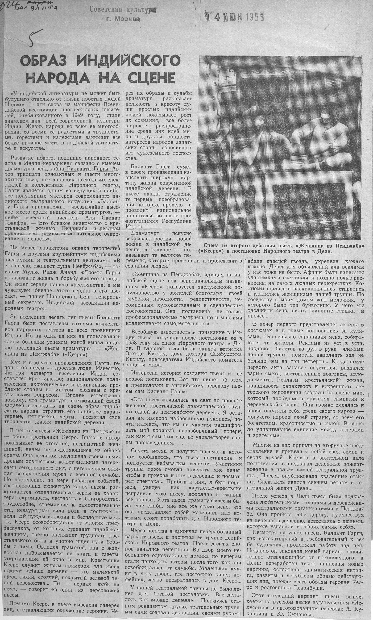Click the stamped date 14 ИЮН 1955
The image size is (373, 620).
point(232,17)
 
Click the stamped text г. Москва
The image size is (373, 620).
point(123,19)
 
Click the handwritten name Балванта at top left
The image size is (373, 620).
point(38,8)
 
